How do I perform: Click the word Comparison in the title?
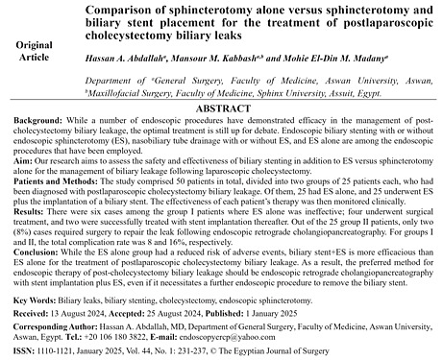[127, 9]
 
